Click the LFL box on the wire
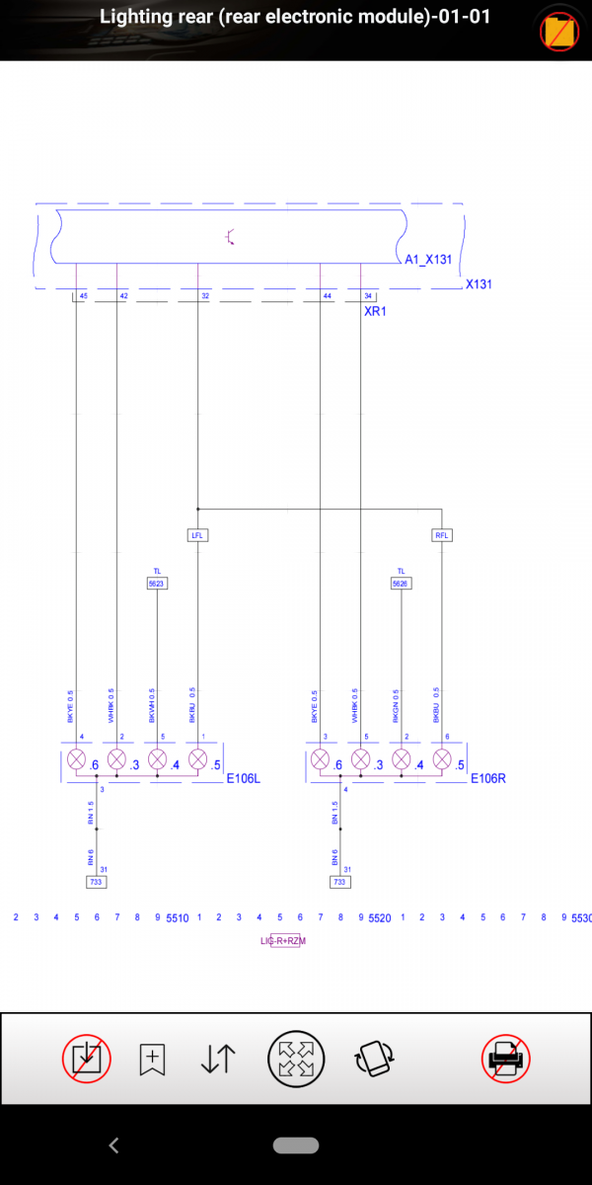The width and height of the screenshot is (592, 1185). click(x=198, y=535)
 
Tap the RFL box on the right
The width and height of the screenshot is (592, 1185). click(x=441, y=535)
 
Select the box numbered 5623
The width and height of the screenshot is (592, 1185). click(x=157, y=584)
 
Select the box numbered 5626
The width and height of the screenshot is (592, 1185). click(x=401, y=584)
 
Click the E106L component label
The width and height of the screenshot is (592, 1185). click(x=244, y=778)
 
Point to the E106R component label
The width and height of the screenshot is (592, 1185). click(x=487, y=778)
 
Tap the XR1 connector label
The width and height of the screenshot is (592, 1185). click(x=376, y=310)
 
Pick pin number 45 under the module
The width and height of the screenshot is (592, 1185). click(x=83, y=296)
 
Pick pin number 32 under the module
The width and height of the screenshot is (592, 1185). click(x=205, y=296)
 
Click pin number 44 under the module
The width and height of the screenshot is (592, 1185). click(x=327, y=296)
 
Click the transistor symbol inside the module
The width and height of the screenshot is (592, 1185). click(x=229, y=237)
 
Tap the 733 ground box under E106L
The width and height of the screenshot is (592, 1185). click(x=96, y=882)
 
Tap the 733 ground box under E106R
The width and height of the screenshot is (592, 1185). click(x=339, y=882)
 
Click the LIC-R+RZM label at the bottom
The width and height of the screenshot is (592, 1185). click(x=283, y=941)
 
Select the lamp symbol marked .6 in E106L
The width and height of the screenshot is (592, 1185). click(x=76, y=760)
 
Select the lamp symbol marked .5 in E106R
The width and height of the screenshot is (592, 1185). click(x=441, y=760)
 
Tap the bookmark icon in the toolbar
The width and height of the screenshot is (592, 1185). click(x=152, y=1059)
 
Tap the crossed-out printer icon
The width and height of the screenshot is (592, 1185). click(x=506, y=1059)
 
